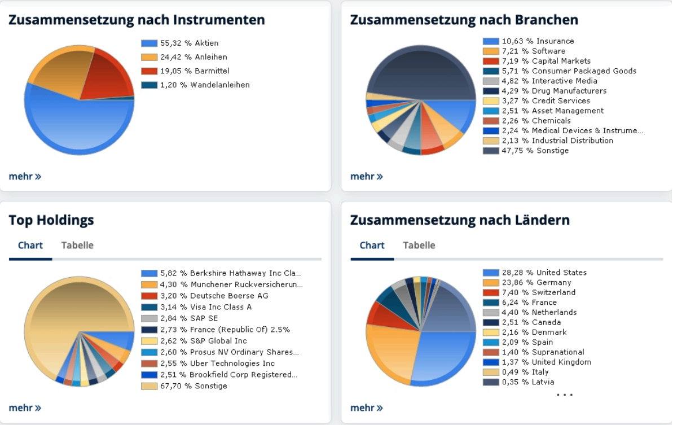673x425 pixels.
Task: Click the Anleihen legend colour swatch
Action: click(149, 57)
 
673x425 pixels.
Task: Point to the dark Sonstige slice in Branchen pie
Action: click(420, 71)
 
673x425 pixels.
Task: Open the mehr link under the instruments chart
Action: click(25, 177)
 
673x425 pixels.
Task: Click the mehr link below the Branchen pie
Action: click(367, 177)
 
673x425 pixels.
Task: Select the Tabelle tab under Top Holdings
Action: click(77, 246)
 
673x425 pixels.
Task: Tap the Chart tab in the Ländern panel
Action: click(372, 246)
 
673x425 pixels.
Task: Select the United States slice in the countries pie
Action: click(446, 356)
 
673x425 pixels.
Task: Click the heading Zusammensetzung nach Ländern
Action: click(460, 220)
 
